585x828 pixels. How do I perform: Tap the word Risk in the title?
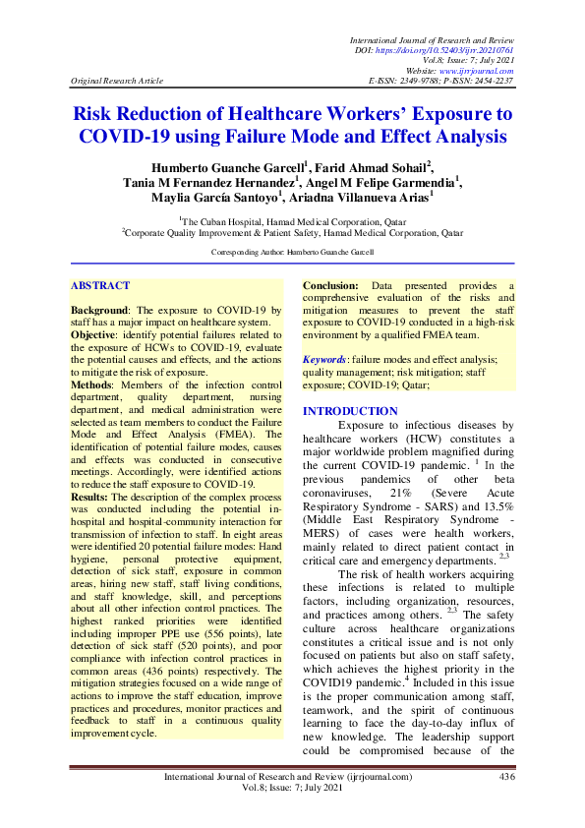click(x=98, y=115)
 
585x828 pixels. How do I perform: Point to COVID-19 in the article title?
click(x=126, y=138)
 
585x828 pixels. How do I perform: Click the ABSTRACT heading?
click(x=100, y=286)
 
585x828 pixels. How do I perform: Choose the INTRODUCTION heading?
click(x=350, y=411)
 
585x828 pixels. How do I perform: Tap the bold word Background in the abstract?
click(x=100, y=310)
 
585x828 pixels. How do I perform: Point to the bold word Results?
click(x=91, y=497)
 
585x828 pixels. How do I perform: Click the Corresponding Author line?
click(x=293, y=254)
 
